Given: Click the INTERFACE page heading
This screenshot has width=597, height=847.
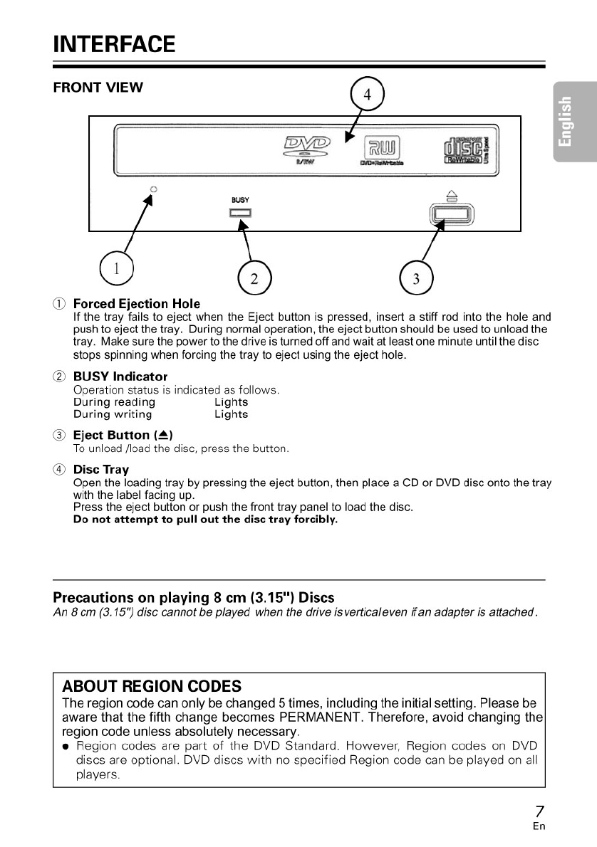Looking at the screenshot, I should (x=114, y=43).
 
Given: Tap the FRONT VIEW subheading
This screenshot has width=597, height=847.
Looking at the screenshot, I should (x=98, y=88).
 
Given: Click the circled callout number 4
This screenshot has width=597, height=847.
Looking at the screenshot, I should (x=368, y=95).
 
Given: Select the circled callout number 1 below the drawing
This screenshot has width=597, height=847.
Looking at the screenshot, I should (x=117, y=268).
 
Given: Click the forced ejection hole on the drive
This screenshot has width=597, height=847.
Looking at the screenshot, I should (x=153, y=189).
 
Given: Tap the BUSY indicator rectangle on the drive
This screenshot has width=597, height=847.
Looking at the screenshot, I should (x=240, y=213).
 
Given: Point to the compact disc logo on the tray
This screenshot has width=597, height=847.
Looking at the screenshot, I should (x=466, y=149).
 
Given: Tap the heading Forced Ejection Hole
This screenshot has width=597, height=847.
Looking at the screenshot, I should (x=137, y=304).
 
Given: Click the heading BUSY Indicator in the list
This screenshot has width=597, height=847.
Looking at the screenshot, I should (x=120, y=376).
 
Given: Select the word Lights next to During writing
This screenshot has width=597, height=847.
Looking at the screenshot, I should (x=231, y=414).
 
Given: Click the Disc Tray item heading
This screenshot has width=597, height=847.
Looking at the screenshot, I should (x=101, y=470).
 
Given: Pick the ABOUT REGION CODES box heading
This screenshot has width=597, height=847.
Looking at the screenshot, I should (x=152, y=686).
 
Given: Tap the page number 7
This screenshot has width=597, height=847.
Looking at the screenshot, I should (x=539, y=812).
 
